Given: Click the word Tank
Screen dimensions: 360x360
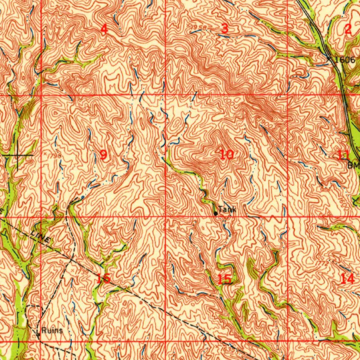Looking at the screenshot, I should click(227, 210).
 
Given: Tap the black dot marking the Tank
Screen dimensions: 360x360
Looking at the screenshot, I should click(216, 213).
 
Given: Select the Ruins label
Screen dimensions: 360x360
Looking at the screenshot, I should click(52, 330).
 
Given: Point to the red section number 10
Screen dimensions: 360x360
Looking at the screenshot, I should click(227, 154).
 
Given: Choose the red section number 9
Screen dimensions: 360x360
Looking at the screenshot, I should click(103, 154).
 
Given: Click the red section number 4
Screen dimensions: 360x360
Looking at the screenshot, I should click(104, 30).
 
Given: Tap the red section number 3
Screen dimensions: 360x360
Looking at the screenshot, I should click(225, 29).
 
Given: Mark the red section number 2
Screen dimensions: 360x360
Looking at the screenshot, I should click(348, 30).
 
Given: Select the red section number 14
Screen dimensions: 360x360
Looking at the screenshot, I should click(347, 279).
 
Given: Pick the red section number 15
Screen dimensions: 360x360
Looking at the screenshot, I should click(224, 279).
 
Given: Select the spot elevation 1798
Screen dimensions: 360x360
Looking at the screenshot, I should click(53, 154).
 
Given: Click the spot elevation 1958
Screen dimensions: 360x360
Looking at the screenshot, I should click(199, 27).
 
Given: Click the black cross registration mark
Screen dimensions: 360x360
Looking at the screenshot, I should click(18, 155).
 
